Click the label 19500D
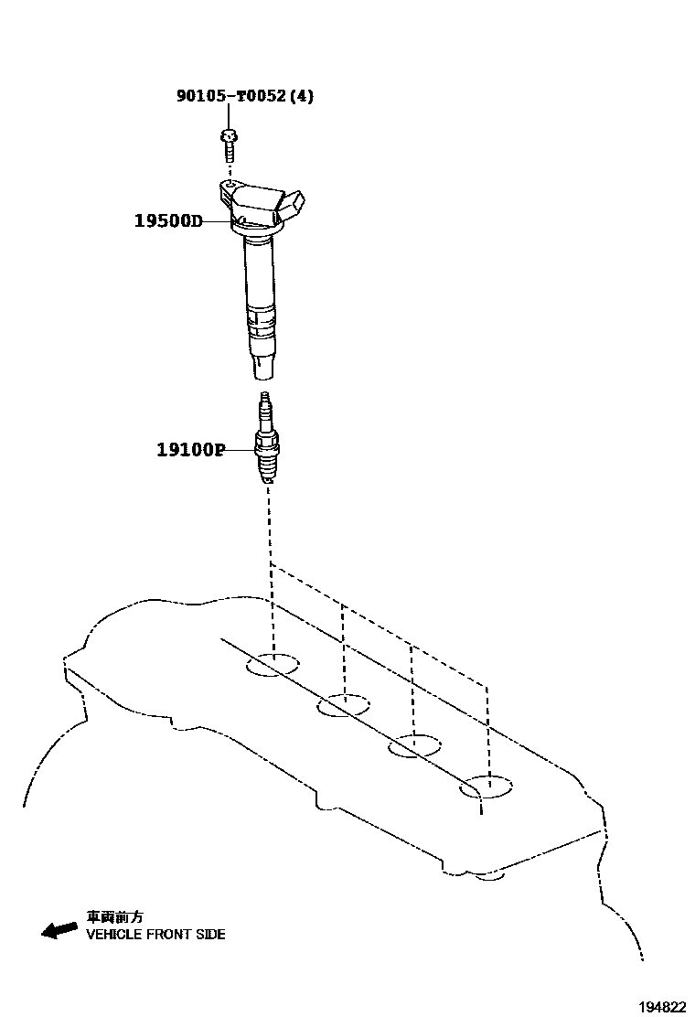point(168,220)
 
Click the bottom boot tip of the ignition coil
point(262,368)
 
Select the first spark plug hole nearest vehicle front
point(273,665)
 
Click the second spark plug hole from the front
point(344,705)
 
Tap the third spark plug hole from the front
point(414,745)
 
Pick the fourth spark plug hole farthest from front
point(486,787)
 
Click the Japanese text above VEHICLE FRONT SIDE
point(114,916)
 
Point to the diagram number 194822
point(661,1006)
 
